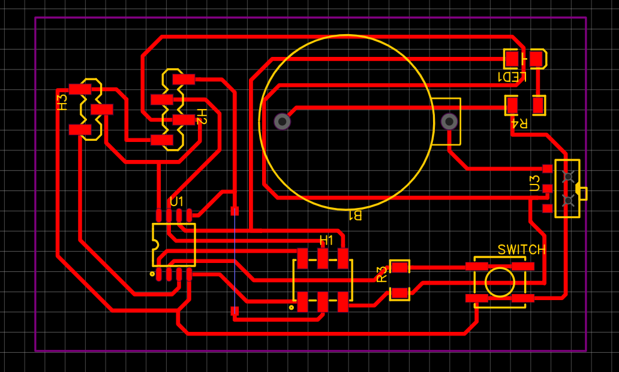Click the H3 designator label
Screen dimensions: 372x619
(x=62, y=102)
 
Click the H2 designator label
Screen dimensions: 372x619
(x=202, y=117)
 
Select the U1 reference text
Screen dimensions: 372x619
(x=177, y=201)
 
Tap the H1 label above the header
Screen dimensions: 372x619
(x=326, y=240)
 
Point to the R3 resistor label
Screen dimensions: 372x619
(x=382, y=274)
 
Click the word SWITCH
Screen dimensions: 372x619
(x=522, y=249)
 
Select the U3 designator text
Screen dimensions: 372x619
(x=535, y=183)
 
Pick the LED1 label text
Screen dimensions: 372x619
(x=512, y=77)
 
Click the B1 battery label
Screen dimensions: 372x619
(x=355, y=215)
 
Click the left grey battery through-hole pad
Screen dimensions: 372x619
(x=283, y=122)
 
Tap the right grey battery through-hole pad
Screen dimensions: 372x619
(x=449, y=122)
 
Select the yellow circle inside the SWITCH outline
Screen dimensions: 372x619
(x=500, y=282)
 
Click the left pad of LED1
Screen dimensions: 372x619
(x=512, y=59)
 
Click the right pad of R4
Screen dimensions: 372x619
(x=539, y=105)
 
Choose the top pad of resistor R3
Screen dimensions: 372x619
(x=399, y=267)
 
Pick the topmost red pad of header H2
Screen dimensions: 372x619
(x=184, y=78)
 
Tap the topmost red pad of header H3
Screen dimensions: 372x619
(x=80, y=89)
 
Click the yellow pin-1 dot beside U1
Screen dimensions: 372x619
(x=152, y=274)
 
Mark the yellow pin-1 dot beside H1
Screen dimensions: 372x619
(x=292, y=308)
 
